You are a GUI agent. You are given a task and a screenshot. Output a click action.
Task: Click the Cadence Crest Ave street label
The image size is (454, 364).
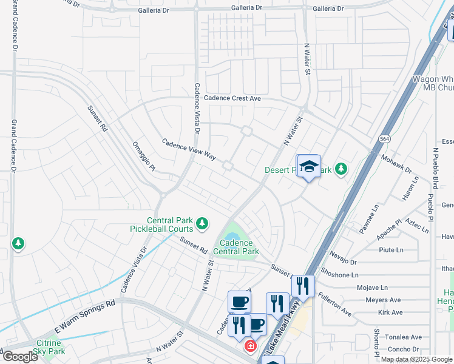[x=232, y=98]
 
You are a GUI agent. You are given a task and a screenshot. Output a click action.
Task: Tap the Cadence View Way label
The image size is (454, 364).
[x=189, y=149]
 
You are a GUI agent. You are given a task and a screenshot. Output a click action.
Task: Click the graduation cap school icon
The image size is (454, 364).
[x=308, y=167]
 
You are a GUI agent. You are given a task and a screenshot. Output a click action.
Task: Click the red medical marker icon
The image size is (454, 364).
[x=249, y=346]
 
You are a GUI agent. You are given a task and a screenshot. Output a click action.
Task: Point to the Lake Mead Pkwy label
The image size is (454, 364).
[x=286, y=328]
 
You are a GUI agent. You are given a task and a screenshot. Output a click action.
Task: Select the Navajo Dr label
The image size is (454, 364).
[x=344, y=257]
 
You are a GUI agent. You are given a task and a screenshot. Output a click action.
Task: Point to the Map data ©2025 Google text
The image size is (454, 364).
[x=416, y=359]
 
